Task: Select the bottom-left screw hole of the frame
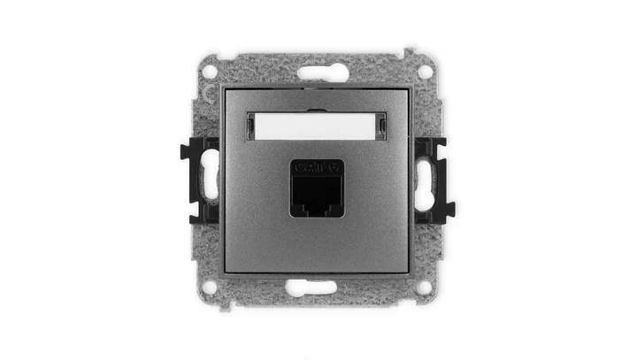[x=211, y=287]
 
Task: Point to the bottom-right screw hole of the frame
[x=426, y=287]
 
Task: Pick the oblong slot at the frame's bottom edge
[x=318, y=285]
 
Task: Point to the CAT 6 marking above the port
[x=318, y=165]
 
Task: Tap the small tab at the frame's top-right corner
[x=411, y=54]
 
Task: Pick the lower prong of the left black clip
[x=188, y=211]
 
